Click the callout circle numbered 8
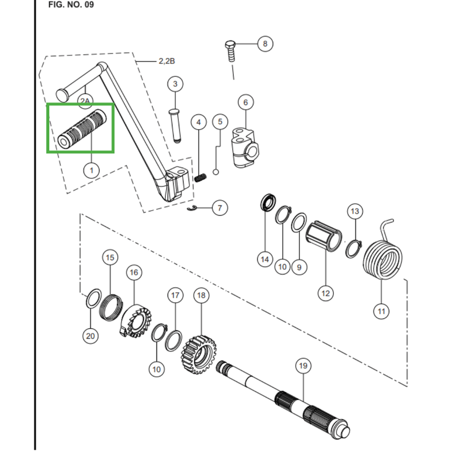[x=265, y=44]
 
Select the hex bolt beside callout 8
[x=230, y=52]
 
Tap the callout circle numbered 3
[x=175, y=84]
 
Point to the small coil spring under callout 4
[x=200, y=178]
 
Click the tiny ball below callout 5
[x=216, y=172]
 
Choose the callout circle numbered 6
[x=245, y=102]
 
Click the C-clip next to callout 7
[x=192, y=208]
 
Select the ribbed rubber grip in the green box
[x=82, y=128]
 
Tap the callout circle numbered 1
[x=91, y=170]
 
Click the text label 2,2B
[x=167, y=61]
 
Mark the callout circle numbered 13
[x=355, y=211]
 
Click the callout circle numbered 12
[x=325, y=293]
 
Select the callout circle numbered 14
[x=264, y=259]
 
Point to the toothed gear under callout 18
[x=199, y=354]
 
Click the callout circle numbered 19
[x=303, y=366]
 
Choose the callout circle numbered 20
[x=90, y=336]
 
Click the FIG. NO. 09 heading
[x=71, y=5]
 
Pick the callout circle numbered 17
[x=175, y=295]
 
